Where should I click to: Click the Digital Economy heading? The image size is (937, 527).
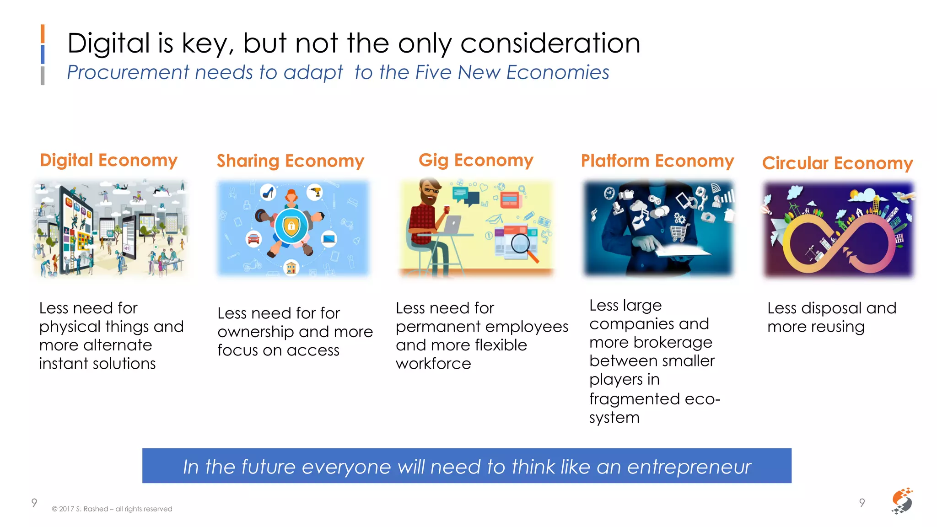108,160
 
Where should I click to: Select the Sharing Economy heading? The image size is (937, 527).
290,161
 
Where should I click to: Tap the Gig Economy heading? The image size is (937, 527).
476,160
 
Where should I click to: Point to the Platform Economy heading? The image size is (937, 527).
657,161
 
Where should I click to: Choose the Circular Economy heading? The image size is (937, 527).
837,163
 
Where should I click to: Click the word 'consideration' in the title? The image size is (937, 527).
550,43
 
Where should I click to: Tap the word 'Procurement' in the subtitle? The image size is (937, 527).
128,72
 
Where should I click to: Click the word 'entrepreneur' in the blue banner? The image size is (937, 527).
689,467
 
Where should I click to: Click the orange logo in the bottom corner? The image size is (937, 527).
902,500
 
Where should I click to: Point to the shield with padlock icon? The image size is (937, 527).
291,226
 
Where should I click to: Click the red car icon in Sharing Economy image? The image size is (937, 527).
253,238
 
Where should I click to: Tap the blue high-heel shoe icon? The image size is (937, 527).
268,192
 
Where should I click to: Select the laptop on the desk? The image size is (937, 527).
452,224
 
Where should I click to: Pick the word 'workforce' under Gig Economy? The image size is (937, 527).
433,364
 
